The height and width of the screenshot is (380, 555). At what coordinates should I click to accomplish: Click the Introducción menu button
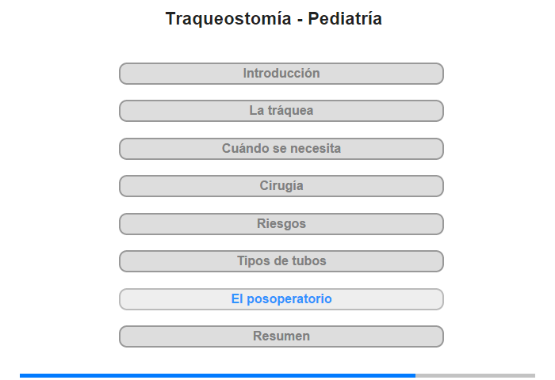(281, 74)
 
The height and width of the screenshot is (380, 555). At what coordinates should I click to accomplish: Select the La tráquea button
(281, 111)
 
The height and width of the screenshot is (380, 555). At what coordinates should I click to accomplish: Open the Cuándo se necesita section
(281, 149)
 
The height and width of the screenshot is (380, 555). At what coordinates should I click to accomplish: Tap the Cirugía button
(281, 186)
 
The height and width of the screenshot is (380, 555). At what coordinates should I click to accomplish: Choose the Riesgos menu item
(281, 224)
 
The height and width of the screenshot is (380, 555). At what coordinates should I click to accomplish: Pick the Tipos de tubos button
(281, 261)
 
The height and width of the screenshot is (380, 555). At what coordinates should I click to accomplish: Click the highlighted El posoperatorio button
(281, 299)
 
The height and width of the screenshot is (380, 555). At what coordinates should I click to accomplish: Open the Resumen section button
(281, 336)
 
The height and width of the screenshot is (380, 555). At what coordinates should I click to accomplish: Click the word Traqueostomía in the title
(228, 19)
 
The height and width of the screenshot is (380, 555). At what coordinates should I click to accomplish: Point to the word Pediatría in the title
(345, 18)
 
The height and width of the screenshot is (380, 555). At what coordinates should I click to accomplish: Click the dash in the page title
(300, 20)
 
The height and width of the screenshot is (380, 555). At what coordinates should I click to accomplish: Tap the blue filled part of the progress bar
(218, 375)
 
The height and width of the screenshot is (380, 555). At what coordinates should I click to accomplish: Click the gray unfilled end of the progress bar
(476, 375)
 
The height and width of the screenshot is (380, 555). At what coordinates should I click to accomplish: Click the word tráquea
(291, 111)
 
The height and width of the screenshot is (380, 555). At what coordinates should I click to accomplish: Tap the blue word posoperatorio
(289, 300)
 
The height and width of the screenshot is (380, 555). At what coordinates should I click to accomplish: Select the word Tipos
(251, 261)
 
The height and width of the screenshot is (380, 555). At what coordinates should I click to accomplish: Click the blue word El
(237, 298)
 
